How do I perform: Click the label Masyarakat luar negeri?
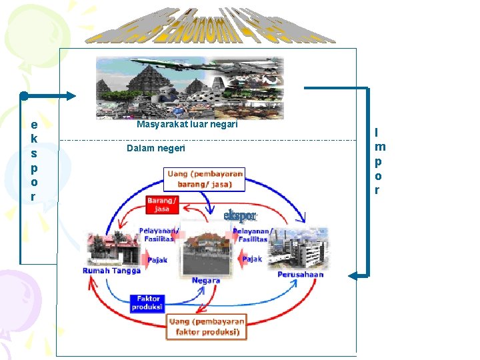click(187, 125)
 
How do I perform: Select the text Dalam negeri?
click(156, 148)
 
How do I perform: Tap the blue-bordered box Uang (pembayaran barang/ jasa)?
click(205, 179)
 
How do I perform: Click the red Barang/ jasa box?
click(162, 204)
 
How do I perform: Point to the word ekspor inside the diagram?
click(239, 216)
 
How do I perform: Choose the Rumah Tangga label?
click(111, 271)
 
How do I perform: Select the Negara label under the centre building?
click(205, 280)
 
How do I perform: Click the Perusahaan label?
click(301, 274)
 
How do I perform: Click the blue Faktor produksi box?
click(147, 303)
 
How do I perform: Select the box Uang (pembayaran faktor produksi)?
click(206, 327)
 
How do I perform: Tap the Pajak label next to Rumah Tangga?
click(157, 261)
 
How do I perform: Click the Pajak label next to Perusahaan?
click(253, 259)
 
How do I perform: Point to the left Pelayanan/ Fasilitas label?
click(157, 235)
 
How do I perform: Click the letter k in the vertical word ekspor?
click(34, 139)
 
